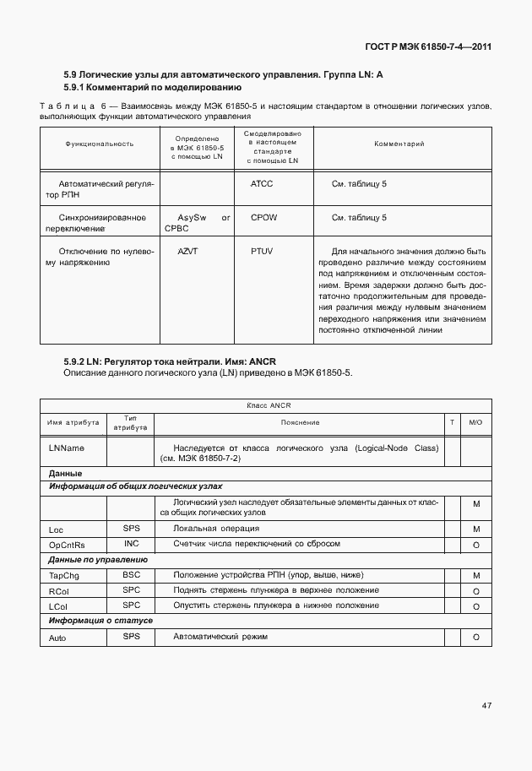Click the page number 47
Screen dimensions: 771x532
tap(486, 704)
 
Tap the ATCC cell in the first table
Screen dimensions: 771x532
tap(262, 183)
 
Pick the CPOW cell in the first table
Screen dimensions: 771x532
tap(263, 217)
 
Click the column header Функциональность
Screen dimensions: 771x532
tap(100, 144)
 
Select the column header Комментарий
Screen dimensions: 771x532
tap(399, 144)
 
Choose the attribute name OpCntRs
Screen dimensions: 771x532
tap(67, 545)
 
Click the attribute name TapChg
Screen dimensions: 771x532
tap(64, 575)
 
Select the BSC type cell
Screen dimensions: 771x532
tap(131, 574)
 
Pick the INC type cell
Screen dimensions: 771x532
tap(131, 544)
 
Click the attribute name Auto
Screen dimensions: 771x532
tap(57, 638)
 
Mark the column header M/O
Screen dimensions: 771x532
tap(475, 422)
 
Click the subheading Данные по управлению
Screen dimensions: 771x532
tap(98, 559)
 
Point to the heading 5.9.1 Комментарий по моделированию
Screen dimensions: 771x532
tap(153, 87)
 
